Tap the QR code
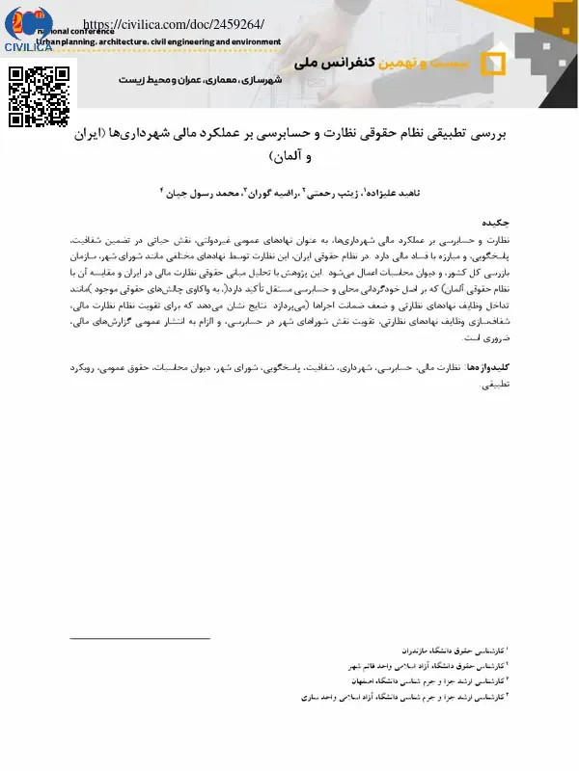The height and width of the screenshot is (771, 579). (x=40, y=95)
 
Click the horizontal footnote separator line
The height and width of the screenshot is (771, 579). (x=140, y=638)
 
